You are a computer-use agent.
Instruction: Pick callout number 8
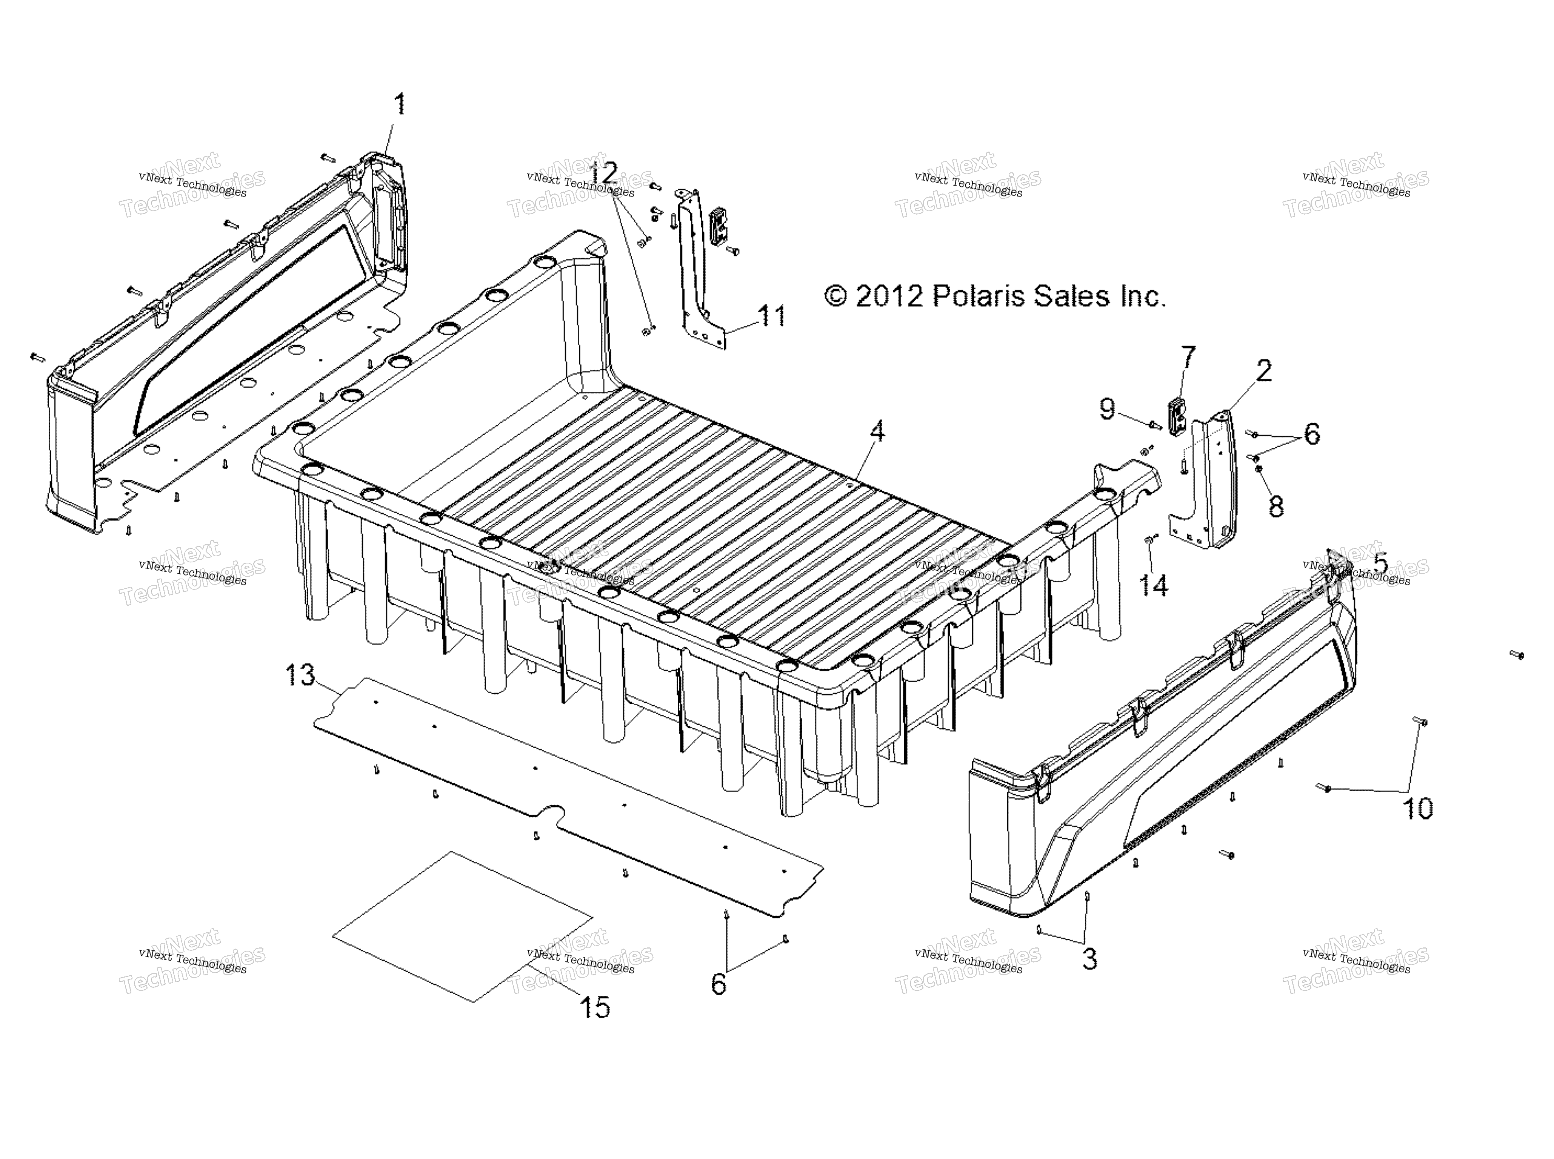[x=1276, y=507]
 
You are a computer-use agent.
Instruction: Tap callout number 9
[x=1107, y=408]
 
